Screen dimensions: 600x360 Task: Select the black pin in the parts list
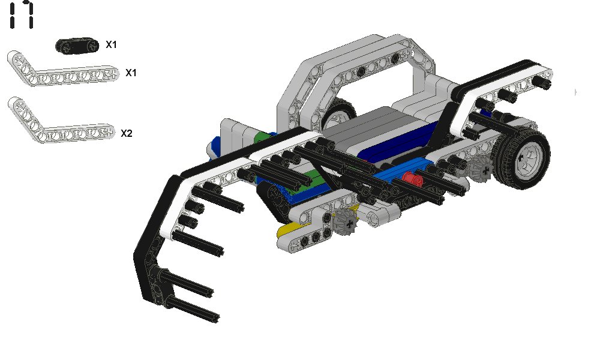click(77, 46)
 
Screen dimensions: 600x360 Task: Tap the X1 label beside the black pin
click(111, 45)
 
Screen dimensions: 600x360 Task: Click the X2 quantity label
click(126, 133)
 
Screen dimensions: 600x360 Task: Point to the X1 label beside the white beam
click(131, 73)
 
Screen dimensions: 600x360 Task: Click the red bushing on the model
click(412, 178)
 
